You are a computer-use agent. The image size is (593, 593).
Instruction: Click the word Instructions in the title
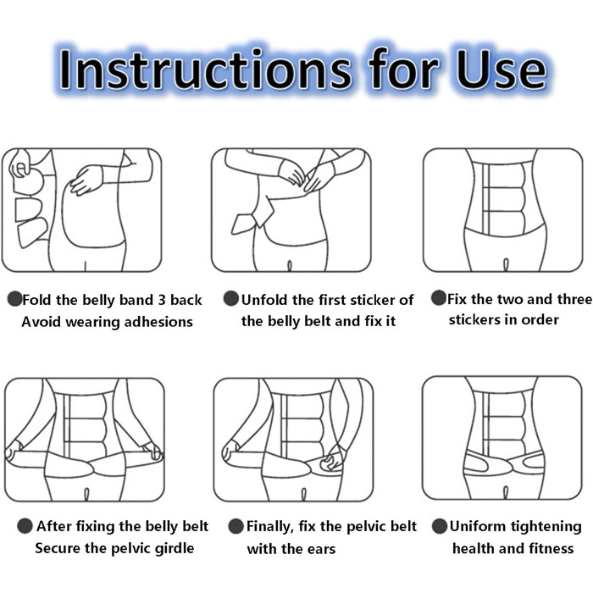(205, 69)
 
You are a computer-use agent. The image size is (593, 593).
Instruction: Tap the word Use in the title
(502, 69)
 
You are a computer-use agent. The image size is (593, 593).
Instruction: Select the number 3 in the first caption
(162, 300)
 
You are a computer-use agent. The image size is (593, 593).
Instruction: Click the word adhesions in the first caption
(158, 322)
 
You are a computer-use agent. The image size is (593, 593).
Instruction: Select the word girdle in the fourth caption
(175, 548)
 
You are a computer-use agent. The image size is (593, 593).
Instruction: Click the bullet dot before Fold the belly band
(15, 299)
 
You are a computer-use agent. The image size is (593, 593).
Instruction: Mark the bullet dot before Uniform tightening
(440, 526)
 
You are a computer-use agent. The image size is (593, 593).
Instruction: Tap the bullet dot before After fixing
(25, 526)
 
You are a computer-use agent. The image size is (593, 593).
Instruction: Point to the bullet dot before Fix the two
(439, 297)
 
